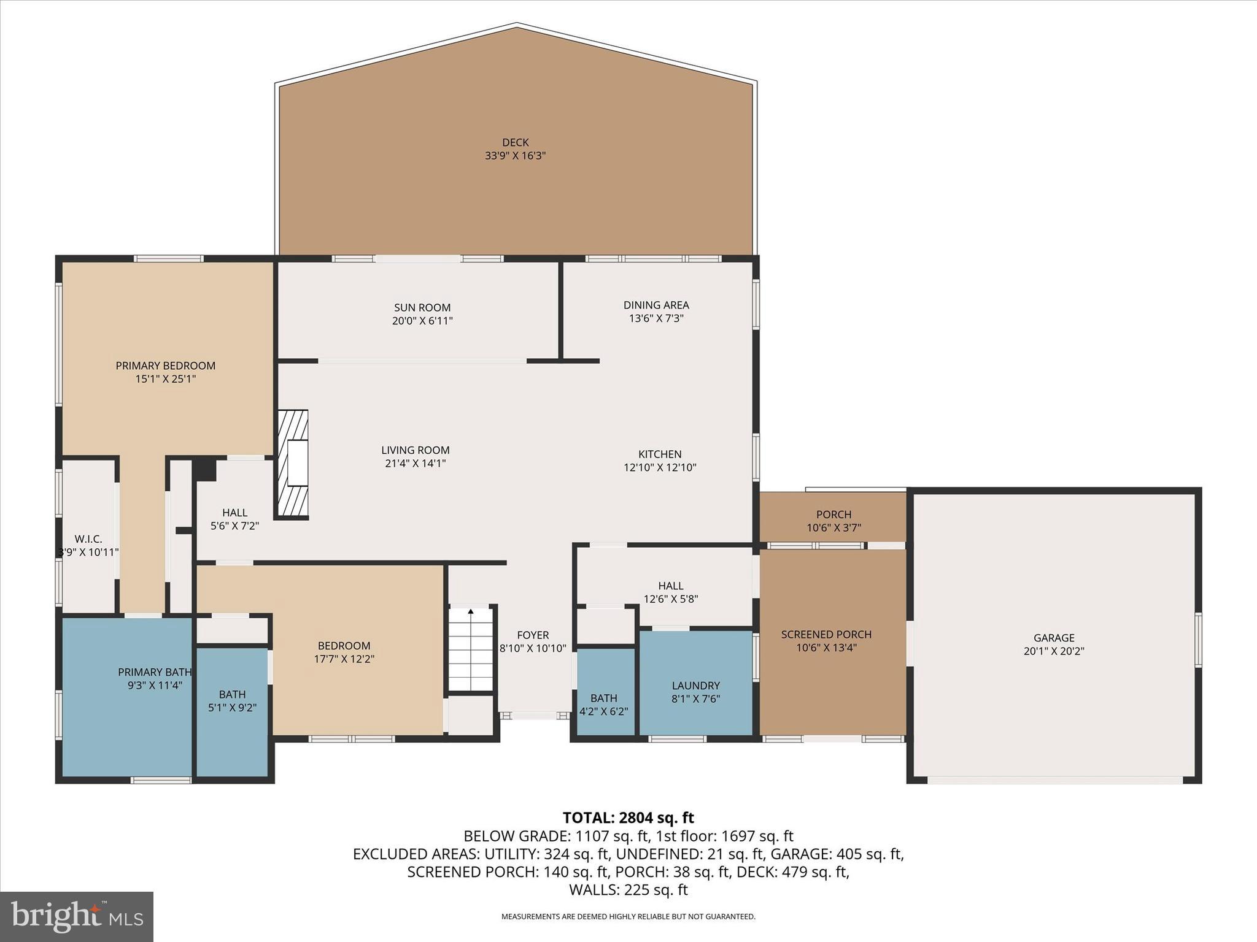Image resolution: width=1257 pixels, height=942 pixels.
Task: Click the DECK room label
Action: [x=515, y=142]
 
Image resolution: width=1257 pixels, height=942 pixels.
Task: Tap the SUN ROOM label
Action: [x=422, y=307]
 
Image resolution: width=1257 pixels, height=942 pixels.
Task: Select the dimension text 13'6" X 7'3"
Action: [x=656, y=318]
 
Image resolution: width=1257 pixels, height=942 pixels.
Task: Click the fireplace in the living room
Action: [x=293, y=464]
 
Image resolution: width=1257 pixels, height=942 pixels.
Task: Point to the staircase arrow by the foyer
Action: [x=471, y=611]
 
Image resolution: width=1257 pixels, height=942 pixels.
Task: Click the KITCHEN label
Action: [x=660, y=454]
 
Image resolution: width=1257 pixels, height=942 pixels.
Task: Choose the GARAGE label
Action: [x=1054, y=638]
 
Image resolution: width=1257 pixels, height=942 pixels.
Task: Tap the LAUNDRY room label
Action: [x=695, y=685]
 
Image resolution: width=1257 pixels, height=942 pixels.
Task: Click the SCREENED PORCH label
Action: [x=826, y=634]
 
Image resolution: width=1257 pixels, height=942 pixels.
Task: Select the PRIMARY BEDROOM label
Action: [x=166, y=366]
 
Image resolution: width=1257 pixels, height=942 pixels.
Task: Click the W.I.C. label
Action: [x=88, y=538]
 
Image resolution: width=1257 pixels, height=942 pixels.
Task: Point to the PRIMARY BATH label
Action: [x=155, y=672]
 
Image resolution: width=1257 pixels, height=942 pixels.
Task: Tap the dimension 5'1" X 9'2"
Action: [x=232, y=707]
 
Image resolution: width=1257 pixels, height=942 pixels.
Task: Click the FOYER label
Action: [x=533, y=635]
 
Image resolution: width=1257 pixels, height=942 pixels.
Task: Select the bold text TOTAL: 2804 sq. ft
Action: [x=628, y=818]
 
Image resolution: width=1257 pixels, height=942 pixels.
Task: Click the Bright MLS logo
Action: [x=77, y=916]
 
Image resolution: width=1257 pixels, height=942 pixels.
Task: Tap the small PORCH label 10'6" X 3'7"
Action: [x=833, y=521]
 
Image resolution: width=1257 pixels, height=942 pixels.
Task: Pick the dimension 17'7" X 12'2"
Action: [x=344, y=659]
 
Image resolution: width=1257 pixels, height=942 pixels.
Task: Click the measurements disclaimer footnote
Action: [x=628, y=916]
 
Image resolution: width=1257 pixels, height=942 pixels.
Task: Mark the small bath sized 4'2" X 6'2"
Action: [x=604, y=705]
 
